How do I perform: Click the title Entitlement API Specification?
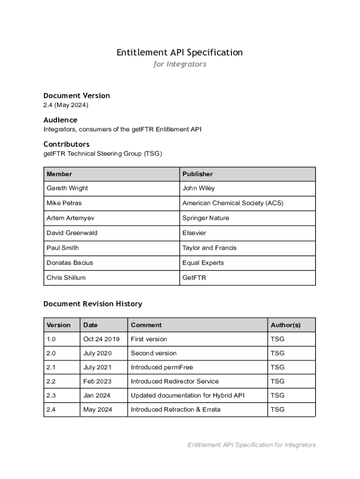[180, 52]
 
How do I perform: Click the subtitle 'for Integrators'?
[180, 64]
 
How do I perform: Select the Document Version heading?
[77, 95]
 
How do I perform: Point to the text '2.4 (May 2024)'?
[66, 105]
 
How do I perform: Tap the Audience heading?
[60, 120]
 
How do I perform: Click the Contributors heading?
[66, 144]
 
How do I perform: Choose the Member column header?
[59, 174]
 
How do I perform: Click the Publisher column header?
[197, 174]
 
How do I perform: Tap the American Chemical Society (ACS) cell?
[233, 203]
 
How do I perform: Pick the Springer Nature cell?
[206, 218]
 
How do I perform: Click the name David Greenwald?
[72, 233]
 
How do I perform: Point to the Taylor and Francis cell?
[209, 248]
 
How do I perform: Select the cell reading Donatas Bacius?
[70, 263]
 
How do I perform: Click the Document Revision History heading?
[93, 304]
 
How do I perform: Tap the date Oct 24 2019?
[101, 339]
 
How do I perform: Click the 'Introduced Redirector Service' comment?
[174, 381]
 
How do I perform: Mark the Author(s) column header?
[285, 325]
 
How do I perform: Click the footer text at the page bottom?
[252, 445]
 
